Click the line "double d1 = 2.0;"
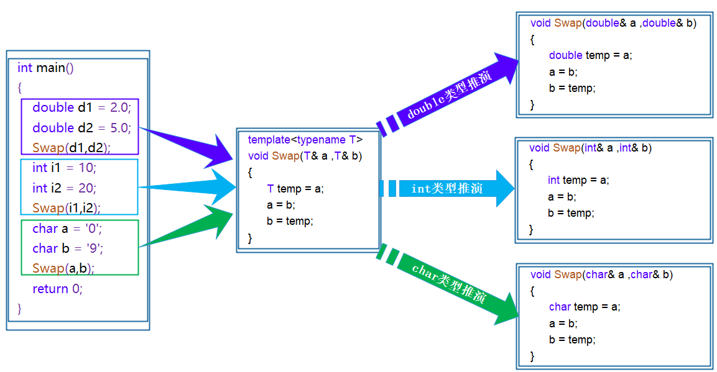[x=81, y=107]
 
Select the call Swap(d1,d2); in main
[x=71, y=148]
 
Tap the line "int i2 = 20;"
[x=65, y=188]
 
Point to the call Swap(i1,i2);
[x=67, y=207]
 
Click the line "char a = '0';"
[x=67, y=229]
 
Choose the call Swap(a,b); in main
[x=63, y=268]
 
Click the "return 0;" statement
[x=57, y=289]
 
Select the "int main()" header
[x=45, y=68]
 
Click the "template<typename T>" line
[x=305, y=140]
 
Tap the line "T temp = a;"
[x=295, y=189]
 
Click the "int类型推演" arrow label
[x=446, y=188]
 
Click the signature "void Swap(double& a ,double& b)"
[x=613, y=23]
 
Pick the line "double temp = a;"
[x=590, y=55]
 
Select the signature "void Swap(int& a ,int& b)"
[x=590, y=148]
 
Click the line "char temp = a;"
[x=585, y=307]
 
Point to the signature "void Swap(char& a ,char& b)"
[x=601, y=274]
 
